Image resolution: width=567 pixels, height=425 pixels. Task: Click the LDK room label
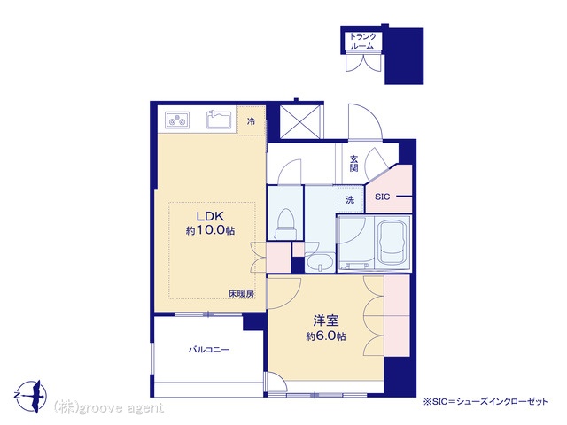coord(210,216)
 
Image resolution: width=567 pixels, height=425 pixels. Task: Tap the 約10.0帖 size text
coord(210,230)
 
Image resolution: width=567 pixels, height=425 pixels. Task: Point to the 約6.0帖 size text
coord(325,336)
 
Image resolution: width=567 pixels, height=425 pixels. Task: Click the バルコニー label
coord(209,350)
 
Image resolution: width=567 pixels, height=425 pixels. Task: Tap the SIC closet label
coord(382,197)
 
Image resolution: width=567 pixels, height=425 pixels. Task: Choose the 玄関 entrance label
coord(353,163)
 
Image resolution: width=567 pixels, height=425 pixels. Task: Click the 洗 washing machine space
coord(350,199)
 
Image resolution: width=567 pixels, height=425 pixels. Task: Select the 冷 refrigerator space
coord(251,121)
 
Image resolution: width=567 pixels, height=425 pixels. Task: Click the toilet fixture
coord(285,224)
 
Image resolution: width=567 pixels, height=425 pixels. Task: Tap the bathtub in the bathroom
coord(392,243)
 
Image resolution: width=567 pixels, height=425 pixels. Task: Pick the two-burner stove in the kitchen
coord(177,120)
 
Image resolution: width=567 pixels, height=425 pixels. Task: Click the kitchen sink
coord(219,120)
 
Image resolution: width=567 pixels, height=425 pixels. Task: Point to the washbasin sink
coord(319,262)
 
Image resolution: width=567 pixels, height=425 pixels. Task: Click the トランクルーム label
coord(362,41)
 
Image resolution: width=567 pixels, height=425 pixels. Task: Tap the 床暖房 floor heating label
coord(241,294)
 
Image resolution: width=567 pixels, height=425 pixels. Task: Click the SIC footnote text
coord(485,401)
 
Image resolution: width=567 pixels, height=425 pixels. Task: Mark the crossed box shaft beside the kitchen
coord(299,121)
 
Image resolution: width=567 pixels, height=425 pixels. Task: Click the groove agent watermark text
coord(108,407)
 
